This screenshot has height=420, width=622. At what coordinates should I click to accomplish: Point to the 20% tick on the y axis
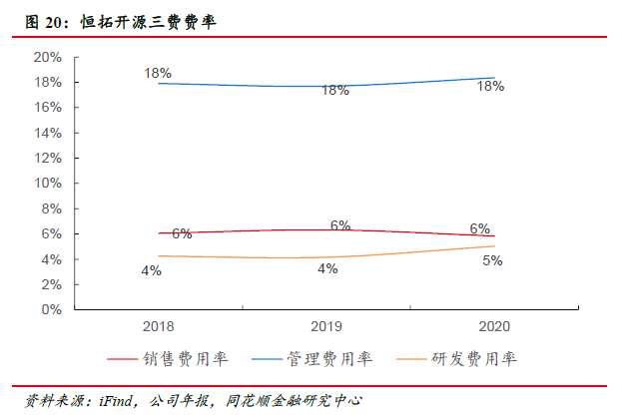click(x=47, y=57)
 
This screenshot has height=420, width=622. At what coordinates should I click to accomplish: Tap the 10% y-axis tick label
click(x=47, y=183)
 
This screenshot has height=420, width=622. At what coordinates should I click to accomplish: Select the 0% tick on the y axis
click(x=51, y=309)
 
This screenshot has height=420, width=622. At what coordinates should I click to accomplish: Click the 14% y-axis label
click(x=47, y=133)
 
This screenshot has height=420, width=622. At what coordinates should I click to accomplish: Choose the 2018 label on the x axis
click(x=158, y=326)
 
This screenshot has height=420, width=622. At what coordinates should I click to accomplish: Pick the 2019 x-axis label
click(x=326, y=326)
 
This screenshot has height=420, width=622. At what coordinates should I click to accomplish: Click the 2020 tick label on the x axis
click(x=494, y=326)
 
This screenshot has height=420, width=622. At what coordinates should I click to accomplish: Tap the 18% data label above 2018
click(x=158, y=73)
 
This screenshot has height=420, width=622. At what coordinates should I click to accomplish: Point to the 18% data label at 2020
click(x=490, y=87)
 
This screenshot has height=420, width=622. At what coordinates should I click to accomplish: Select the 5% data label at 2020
click(x=492, y=260)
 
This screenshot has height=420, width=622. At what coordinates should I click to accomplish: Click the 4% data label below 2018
click(x=151, y=270)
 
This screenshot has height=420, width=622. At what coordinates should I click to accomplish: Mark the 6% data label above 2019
click(x=340, y=225)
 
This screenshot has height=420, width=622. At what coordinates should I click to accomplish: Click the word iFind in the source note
click(x=118, y=401)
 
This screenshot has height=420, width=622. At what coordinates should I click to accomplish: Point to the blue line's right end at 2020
click(x=494, y=78)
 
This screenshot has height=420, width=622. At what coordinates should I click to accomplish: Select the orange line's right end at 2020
click(x=494, y=246)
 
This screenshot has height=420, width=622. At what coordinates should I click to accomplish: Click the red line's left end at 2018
click(x=159, y=233)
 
